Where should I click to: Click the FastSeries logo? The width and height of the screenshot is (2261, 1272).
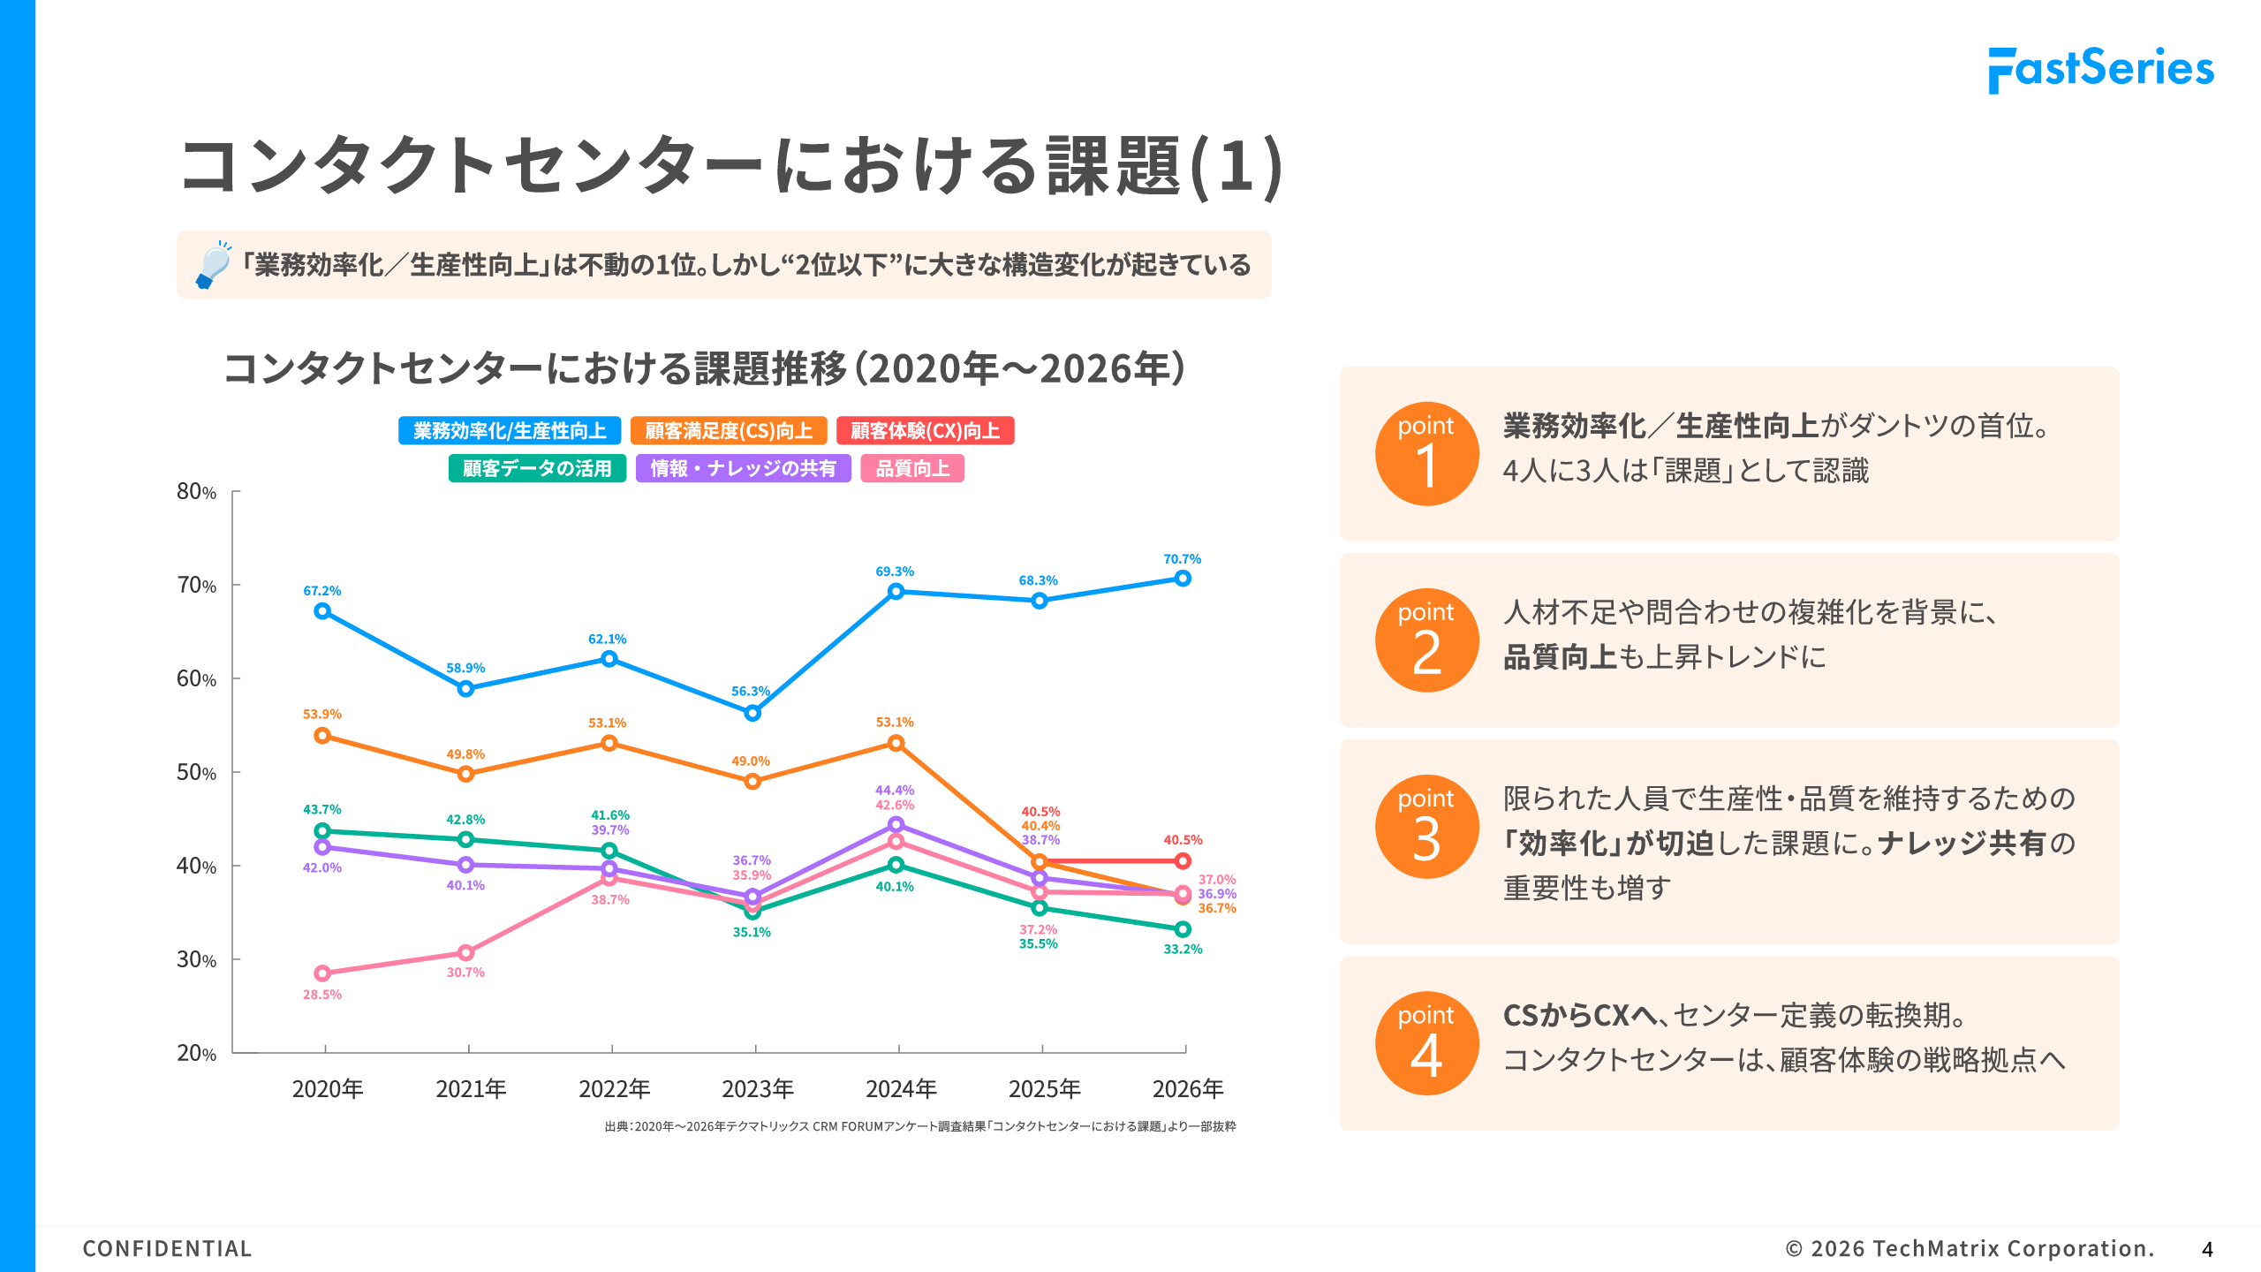[x=2100, y=70]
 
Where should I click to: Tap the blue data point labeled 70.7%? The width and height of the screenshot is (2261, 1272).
[x=1183, y=579]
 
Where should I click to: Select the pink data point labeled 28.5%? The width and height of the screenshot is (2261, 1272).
[x=322, y=973]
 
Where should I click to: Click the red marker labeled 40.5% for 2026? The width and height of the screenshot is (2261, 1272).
[x=1183, y=860]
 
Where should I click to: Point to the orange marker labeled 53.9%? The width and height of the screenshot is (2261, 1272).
[x=322, y=736]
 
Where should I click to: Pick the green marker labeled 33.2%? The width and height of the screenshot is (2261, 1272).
[x=1183, y=929]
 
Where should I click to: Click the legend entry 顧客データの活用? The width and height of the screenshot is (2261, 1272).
[x=537, y=468]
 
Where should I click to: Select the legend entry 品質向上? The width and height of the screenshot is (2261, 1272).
[x=912, y=468]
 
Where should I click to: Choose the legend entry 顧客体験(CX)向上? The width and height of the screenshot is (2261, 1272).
[x=925, y=430]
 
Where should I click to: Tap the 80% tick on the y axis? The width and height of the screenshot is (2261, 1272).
[x=197, y=492]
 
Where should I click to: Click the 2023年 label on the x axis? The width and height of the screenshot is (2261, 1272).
[x=757, y=1089]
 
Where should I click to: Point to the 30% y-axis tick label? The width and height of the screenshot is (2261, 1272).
[x=197, y=960]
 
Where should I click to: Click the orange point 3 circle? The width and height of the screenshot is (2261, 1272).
[x=1426, y=827]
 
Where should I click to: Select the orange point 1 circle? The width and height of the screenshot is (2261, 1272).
[x=1426, y=454]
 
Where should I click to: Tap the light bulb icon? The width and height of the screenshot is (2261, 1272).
[x=213, y=264]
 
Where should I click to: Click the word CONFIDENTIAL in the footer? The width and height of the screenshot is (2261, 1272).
[x=167, y=1248]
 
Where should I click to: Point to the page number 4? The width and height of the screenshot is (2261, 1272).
[x=2207, y=1249]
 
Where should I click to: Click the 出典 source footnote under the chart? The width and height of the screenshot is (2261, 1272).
[x=919, y=1126]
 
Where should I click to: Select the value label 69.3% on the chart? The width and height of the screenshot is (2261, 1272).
[x=895, y=572]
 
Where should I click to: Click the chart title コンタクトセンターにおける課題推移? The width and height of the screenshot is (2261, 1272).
[x=704, y=368]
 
